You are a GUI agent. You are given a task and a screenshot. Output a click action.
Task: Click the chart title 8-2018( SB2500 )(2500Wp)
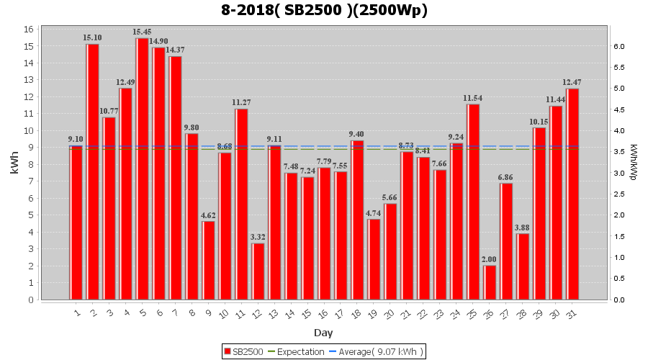pyautogui.click(x=324, y=11)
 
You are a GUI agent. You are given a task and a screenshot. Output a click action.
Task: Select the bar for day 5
pyautogui.click(x=143, y=169)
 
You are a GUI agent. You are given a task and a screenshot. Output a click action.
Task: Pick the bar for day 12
pyautogui.click(x=258, y=271)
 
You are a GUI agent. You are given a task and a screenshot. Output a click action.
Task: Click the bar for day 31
pyautogui.click(x=572, y=194)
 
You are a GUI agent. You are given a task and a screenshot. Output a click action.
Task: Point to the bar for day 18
pyautogui.click(x=357, y=220)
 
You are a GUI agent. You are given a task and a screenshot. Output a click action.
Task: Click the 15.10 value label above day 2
pyautogui.click(x=92, y=37)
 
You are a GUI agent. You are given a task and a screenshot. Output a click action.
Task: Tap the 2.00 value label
pyautogui.click(x=490, y=259)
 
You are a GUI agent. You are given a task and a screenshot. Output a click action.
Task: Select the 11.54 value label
pyautogui.click(x=473, y=98)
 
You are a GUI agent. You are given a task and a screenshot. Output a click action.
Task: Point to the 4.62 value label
pyautogui.click(x=208, y=215)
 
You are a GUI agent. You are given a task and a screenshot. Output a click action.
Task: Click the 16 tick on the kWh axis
pyautogui.click(x=30, y=30)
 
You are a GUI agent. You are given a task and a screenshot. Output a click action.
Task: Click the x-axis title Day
pyautogui.click(x=323, y=333)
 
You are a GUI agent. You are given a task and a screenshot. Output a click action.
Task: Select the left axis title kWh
pyautogui.click(x=14, y=164)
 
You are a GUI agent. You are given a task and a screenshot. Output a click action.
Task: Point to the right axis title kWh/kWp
pyautogui.click(x=633, y=164)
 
